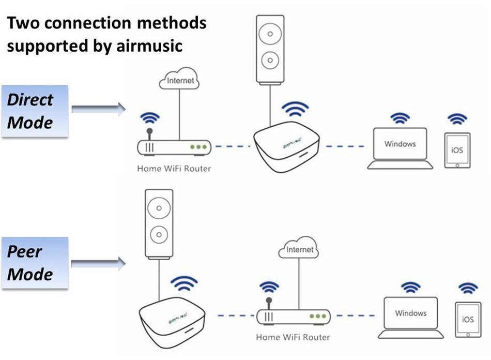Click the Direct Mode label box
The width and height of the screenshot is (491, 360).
(x=35, y=111)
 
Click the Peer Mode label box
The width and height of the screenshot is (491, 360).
(x=35, y=263)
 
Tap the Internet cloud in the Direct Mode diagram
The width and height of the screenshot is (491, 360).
(x=180, y=81)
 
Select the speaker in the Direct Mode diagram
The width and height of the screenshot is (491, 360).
(x=271, y=49)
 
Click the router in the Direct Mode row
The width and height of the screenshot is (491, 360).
(x=174, y=147)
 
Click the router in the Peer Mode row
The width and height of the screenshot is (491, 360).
(x=293, y=316)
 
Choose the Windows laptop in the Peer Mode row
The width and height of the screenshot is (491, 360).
(x=411, y=317)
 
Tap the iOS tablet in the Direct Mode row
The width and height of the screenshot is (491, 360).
(x=457, y=151)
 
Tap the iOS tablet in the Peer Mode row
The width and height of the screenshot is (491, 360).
(x=468, y=320)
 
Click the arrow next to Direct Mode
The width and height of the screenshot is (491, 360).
(x=98, y=108)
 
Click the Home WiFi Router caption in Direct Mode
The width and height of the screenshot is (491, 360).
(x=174, y=169)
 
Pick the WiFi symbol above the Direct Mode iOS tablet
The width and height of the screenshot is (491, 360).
(x=457, y=119)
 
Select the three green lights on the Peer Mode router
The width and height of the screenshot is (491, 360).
(x=317, y=316)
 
